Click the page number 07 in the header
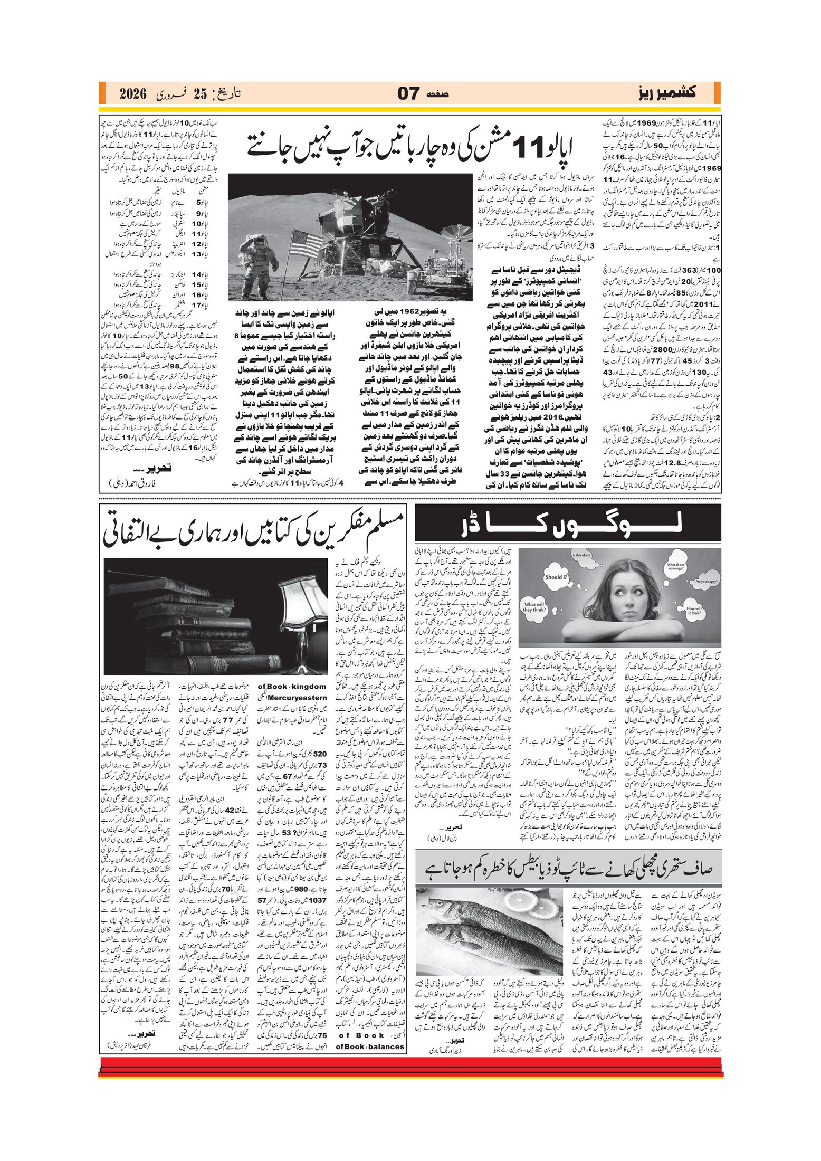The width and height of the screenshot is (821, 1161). [x=408, y=94]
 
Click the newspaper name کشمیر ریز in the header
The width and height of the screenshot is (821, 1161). [x=665, y=93]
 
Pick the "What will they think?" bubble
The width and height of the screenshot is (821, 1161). [x=534, y=607]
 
